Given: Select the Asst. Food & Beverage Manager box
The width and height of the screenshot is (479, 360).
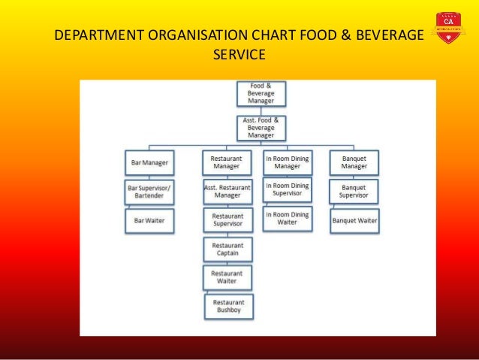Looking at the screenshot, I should point(261,128).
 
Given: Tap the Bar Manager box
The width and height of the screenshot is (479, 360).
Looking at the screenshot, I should point(149,162).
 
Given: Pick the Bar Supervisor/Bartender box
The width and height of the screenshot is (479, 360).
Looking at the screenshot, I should point(149,192).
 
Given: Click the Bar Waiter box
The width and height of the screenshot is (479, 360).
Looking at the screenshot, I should point(149,221).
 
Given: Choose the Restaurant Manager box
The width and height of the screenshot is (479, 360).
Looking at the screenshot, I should point(226,162).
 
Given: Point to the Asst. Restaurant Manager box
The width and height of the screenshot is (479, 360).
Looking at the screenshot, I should point(227,191).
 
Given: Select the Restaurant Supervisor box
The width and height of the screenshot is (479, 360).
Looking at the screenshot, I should point(227,219).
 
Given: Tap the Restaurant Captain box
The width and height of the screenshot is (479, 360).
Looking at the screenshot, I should point(227,250).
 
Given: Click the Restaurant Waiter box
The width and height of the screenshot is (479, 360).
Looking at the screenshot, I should point(227,278).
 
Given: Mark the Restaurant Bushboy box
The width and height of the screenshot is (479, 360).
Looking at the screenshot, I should point(229,306).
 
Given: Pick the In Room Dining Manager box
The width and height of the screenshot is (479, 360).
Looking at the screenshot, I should point(287,162).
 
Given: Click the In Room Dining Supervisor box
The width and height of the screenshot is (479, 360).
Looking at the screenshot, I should point(287,189).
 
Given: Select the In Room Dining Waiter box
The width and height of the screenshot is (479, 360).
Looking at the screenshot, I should point(287,219).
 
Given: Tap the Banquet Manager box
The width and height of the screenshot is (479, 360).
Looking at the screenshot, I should point(354,162).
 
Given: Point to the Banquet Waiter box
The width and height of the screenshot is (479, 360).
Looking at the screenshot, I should point(354,221).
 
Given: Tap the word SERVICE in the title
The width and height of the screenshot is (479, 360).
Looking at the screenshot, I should point(239,55).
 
